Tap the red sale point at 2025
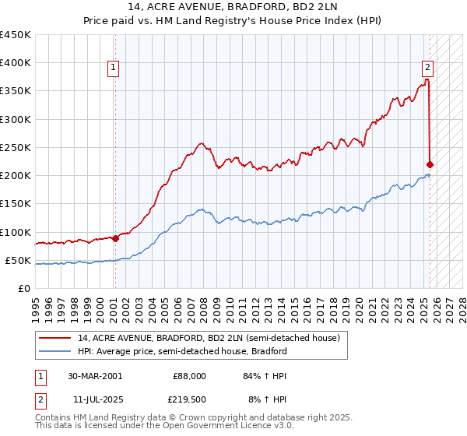tap(430, 164)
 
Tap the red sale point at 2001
tap(115, 238)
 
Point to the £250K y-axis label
tap(15, 147)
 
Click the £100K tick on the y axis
tap(15, 232)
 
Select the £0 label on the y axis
tap(23, 288)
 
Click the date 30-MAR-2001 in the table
tap(94, 376)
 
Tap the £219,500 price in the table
tap(188, 400)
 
